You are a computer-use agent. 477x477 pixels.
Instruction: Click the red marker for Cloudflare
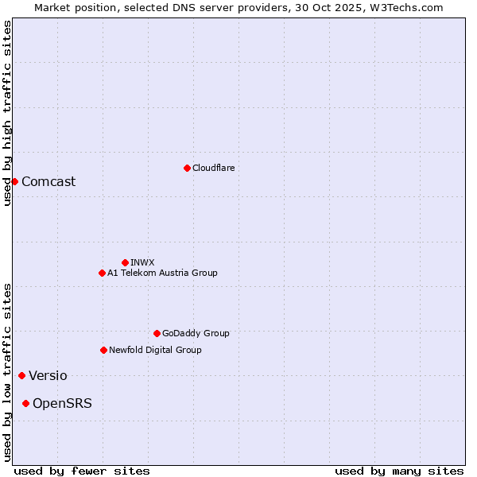pyautogui.click(x=187, y=168)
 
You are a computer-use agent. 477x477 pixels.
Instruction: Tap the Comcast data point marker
pyautogui.click(x=14, y=181)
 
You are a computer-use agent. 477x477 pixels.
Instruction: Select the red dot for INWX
pyautogui.click(x=125, y=262)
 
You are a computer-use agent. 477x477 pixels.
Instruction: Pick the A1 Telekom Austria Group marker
pyautogui.click(x=102, y=273)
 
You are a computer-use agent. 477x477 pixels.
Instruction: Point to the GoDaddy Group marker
pyautogui.click(x=157, y=333)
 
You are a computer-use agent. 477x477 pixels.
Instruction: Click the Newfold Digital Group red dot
pyautogui.click(x=103, y=350)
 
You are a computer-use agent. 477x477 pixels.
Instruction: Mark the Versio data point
pyautogui.click(x=21, y=375)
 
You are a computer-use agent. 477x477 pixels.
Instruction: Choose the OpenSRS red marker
pyautogui.click(x=25, y=403)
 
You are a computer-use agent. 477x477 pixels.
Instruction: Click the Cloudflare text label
pyautogui.click(x=213, y=168)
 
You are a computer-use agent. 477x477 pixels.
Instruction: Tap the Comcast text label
pyautogui.click(x=48, y=181)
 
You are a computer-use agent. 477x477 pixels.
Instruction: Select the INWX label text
pyautogui.click(x=142, y=262)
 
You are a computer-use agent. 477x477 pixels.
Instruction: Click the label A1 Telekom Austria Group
pyautogui.click(x=162, y=273)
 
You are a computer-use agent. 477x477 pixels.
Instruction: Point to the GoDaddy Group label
pyautogui.click(x=196, y=333)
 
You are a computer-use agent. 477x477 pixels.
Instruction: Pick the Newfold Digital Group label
pyautogui.click(x=155, y=350)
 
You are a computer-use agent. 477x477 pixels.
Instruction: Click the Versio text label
pyautogui.click(x=48, y=375)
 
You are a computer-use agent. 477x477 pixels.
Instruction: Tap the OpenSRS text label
pyautogui.click(x=62, y=403)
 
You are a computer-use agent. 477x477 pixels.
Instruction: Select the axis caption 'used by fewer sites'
pyautogui.click(x=82, y=471)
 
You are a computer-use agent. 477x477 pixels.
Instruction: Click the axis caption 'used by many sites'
pyautogui.click(x=399, y=471)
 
